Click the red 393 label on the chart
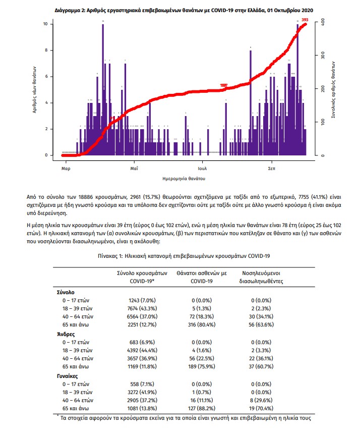(305, 20)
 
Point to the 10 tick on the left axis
(45, 24)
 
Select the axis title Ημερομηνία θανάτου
(184, 179)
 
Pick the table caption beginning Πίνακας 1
(184, 256)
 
